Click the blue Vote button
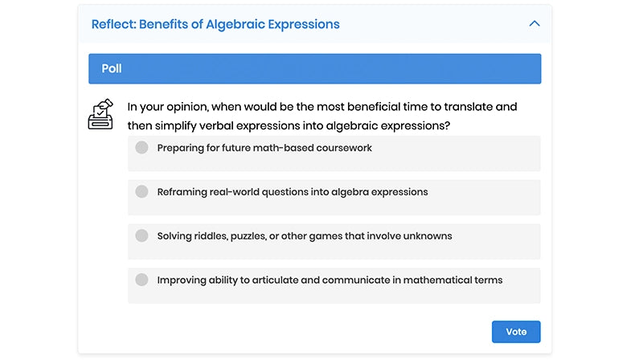(x=516, y=332)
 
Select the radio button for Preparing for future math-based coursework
(x=142, y=147)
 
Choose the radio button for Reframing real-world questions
(x=142, y=191)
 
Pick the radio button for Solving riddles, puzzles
(x=142, y=235)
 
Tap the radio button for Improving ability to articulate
(x=142, y=280)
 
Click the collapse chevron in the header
(x=535, y=24)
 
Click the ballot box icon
(x=100, y=115)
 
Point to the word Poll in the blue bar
(x=112, y=68)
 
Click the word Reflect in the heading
(x=112, y=24)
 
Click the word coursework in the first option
(x=343, y=148)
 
